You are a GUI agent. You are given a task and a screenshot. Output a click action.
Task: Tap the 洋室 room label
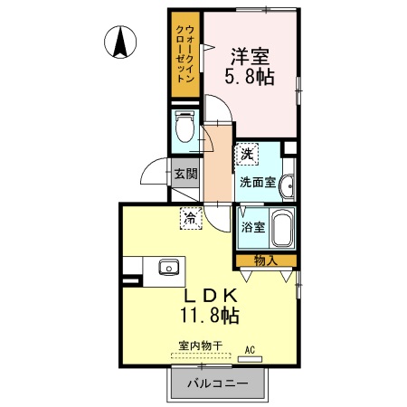tap(248, 53)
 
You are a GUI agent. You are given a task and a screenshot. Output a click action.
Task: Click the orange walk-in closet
tap(184, 54)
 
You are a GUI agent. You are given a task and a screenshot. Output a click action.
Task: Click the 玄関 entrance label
tap(185, 173)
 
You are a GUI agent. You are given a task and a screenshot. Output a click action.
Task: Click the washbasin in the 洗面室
tap(287, 185)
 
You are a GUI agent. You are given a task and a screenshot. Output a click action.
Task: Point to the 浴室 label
tap(252, 227)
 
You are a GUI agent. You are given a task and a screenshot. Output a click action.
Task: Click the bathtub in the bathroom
tap(282, 229)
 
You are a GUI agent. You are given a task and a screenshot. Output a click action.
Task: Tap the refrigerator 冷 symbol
tap(190, 217)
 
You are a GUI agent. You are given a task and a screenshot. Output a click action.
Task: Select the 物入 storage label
tap(265, 260)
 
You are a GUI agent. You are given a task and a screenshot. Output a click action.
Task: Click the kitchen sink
tap(168, 267)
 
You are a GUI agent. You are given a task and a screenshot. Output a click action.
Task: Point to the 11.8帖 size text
tap(211, 316)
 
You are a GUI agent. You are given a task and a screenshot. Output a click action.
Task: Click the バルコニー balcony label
tap(217, 383)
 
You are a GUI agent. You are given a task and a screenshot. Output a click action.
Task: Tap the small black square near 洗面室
tap(289, 147)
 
